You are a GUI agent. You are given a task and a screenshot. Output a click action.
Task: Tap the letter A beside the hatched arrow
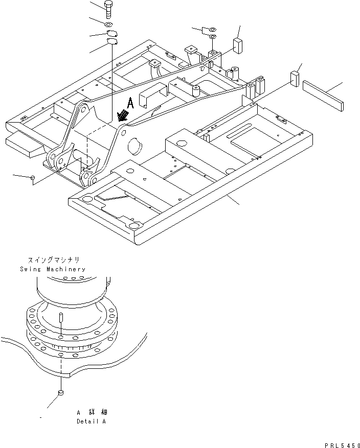130,104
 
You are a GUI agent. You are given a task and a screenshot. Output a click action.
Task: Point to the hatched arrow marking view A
122,116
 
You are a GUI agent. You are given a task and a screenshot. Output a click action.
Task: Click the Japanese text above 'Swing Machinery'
53,260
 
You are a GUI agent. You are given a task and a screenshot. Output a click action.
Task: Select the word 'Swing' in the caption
31,269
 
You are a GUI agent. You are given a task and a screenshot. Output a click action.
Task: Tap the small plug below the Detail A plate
60,393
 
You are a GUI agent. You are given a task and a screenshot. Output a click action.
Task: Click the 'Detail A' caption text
91,421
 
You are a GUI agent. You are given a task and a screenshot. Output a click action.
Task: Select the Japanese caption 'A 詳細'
92,412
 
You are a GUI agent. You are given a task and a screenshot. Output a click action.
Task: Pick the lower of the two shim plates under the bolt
112,42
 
